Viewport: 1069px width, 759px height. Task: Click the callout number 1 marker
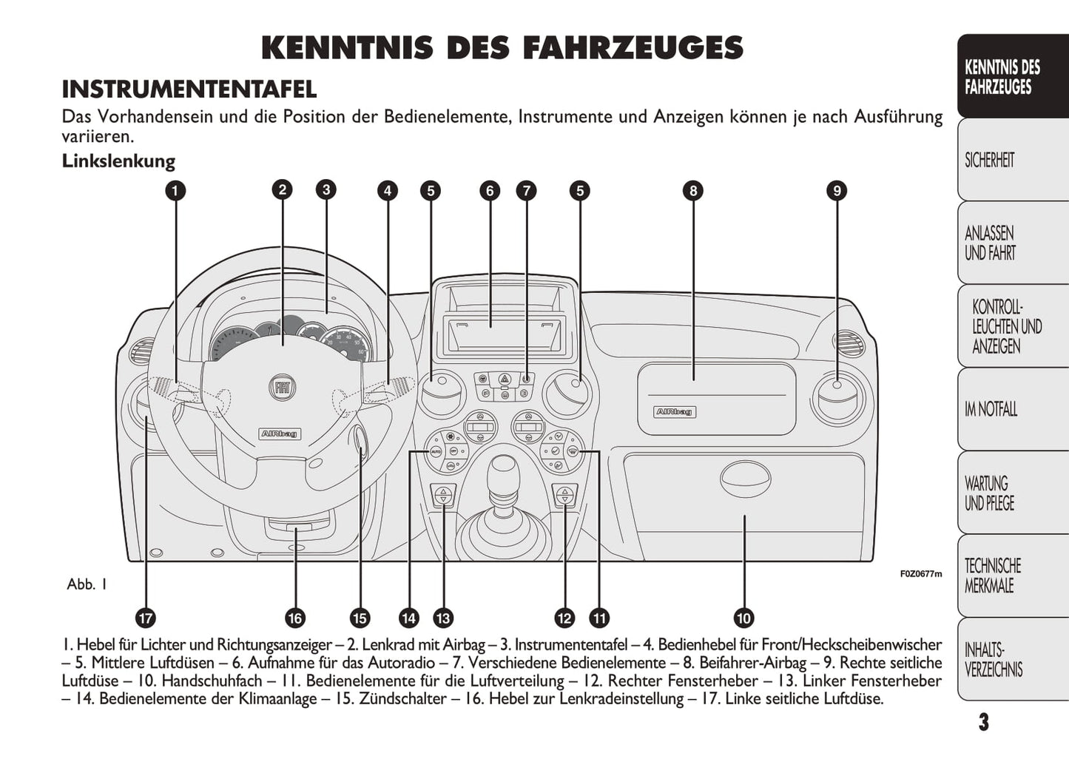click(175, 191)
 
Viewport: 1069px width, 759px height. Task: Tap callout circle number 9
click(836, 191)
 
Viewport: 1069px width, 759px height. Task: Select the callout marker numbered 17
click(146, 618)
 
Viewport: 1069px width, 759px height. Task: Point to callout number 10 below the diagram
click(743, 618)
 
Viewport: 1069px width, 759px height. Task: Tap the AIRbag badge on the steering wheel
click(280, 434)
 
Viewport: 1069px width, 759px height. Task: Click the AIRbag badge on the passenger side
click(675, 411)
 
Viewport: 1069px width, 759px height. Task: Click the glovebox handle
click(745, 479)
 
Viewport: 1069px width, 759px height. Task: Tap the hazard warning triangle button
click(505, 379)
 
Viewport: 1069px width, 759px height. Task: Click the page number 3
click(983, 722)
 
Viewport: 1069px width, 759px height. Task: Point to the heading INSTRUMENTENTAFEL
click(189, 90)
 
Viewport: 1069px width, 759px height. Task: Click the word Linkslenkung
click(118, 161)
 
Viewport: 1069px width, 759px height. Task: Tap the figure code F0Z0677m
click(921, 574)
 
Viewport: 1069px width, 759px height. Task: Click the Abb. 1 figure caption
click(87, 584)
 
